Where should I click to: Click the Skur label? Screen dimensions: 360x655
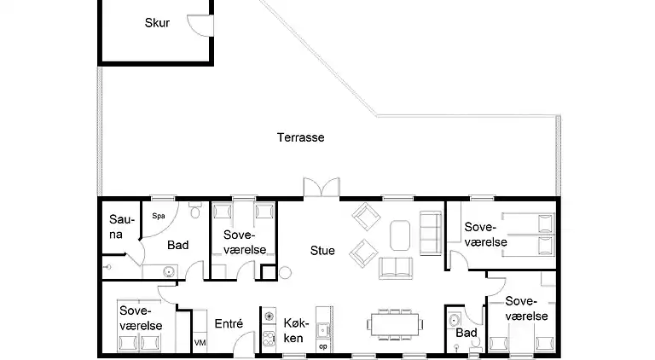pos(157,23)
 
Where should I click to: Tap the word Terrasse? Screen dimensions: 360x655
pos(300,136)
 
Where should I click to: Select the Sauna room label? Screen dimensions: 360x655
pos(116,227)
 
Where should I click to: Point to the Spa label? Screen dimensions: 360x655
pos(158,216)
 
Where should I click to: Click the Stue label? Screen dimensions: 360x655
pos(322,251)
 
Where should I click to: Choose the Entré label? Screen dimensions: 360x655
pos(229,323)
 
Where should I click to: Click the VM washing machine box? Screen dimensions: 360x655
pos(200,342)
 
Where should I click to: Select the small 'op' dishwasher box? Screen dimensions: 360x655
pos(322,346)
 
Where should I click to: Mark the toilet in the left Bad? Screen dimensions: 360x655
pos(194,208)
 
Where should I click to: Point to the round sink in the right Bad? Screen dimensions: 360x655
pos(452,322)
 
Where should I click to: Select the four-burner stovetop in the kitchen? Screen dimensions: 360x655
pos(269,317)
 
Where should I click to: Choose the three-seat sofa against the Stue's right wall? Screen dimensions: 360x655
pos(431,232)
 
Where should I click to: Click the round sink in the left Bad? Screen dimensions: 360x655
pos(170,272)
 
